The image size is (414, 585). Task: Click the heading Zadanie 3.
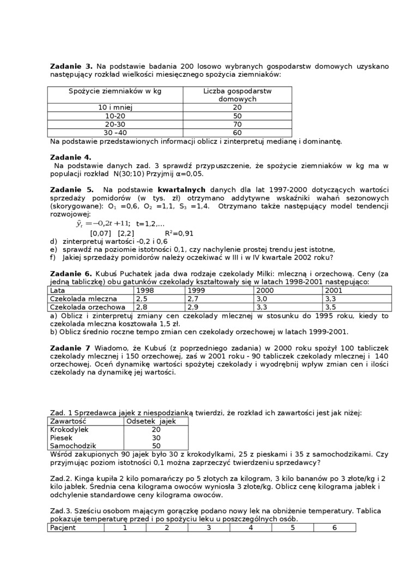coord(71,66)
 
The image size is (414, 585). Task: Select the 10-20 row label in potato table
coord(115,116)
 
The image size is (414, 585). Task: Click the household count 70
coord(237,124)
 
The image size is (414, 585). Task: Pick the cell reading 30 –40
coord(115,132)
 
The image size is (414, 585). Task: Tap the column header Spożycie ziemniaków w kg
coord(115,91)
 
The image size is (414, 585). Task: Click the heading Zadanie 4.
coord(71,157)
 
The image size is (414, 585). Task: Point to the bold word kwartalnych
coord(162,190)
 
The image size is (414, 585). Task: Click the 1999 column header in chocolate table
coord(196,291)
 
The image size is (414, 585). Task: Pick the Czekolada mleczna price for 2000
coord(264,299)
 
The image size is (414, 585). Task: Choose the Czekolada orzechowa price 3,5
coord(330,307)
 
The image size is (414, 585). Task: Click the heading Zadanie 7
coord(71,348)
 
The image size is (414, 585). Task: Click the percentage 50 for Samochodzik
coord(156,446)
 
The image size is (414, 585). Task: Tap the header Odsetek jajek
coord(151,421)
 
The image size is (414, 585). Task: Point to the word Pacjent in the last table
coord(63,527)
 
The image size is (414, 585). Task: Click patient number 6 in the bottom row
coord(334,527)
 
